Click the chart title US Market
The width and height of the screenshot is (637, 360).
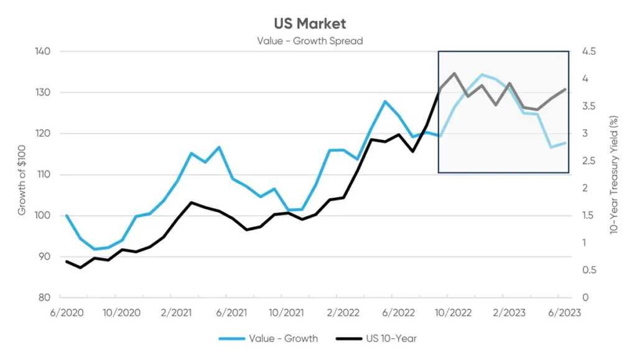click(310, 24)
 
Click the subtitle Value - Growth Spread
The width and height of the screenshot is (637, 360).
click(310, 41)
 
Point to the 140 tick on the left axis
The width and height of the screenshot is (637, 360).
click(42, 51)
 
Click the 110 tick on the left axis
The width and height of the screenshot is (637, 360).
click(42, 174)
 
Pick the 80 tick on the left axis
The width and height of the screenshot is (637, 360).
click(43, 297)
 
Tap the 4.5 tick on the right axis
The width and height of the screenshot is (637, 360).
click(588, 51)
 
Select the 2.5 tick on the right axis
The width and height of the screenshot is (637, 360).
click(588, 160)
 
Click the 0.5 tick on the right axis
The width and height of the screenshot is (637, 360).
click(588, 270)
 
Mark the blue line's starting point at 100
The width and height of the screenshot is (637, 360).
click(67, 216)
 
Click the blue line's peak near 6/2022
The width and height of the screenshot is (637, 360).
click(386, 101)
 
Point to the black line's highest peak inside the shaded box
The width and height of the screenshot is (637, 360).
click(454, 73)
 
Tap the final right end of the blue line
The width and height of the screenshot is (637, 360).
click(565, 143)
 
